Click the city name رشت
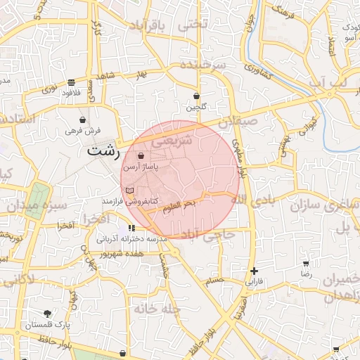click(104, 150)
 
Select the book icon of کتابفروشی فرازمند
click(128, 191)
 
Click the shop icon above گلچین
click(196, 96)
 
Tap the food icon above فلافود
click(71, 82)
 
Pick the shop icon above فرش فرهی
click(84, 120)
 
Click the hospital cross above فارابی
click(254, 271)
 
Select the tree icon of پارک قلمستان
click(47, 314)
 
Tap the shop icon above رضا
click(306, 262)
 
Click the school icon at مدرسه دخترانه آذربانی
click(131, 228)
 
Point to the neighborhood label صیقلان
click(238, 121)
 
